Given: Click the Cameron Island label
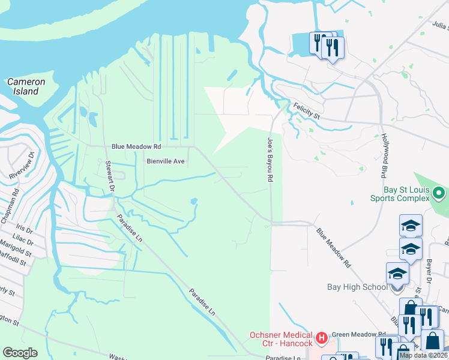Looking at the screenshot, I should click(26, 86).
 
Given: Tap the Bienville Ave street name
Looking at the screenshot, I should click(166, 161).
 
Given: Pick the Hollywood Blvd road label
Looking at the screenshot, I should click(383, 155).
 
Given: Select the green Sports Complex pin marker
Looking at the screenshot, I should click(439, 193).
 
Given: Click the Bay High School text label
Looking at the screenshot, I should click(357, 287).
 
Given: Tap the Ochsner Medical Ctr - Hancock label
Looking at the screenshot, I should click(282, 339).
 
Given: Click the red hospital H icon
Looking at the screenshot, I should click(322, 338).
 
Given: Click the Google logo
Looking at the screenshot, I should click(20, 352).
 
